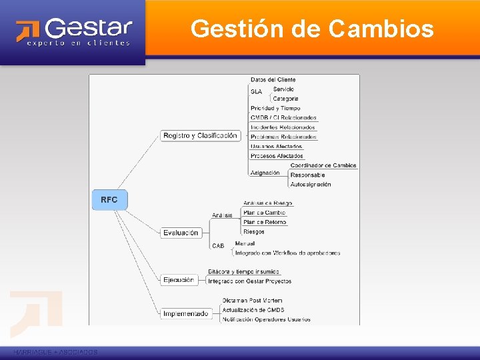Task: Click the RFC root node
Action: tap(109, 200)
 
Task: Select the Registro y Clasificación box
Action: tap(200, 136)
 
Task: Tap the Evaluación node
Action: tap(181, 233)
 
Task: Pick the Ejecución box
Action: tap(179, 280)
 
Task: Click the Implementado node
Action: tap(185, 313)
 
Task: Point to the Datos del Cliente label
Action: tap(273, 80)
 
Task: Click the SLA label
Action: tap(257, 91)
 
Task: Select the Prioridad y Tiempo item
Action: tap(275, 108)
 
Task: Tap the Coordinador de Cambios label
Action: tap(323, 165)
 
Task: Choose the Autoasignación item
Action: tap(311, 184)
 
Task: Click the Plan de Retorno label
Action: tap(265, 222)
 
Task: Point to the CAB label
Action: tap(218, 246)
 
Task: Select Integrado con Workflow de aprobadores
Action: tap(287, 253)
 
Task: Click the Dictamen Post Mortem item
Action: tap(252, 301)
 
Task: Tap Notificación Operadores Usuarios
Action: tap(266, 319)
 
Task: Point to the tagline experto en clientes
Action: tap(79, 43)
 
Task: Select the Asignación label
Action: tap(265, 173)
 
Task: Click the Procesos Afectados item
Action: tap(277, 156)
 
